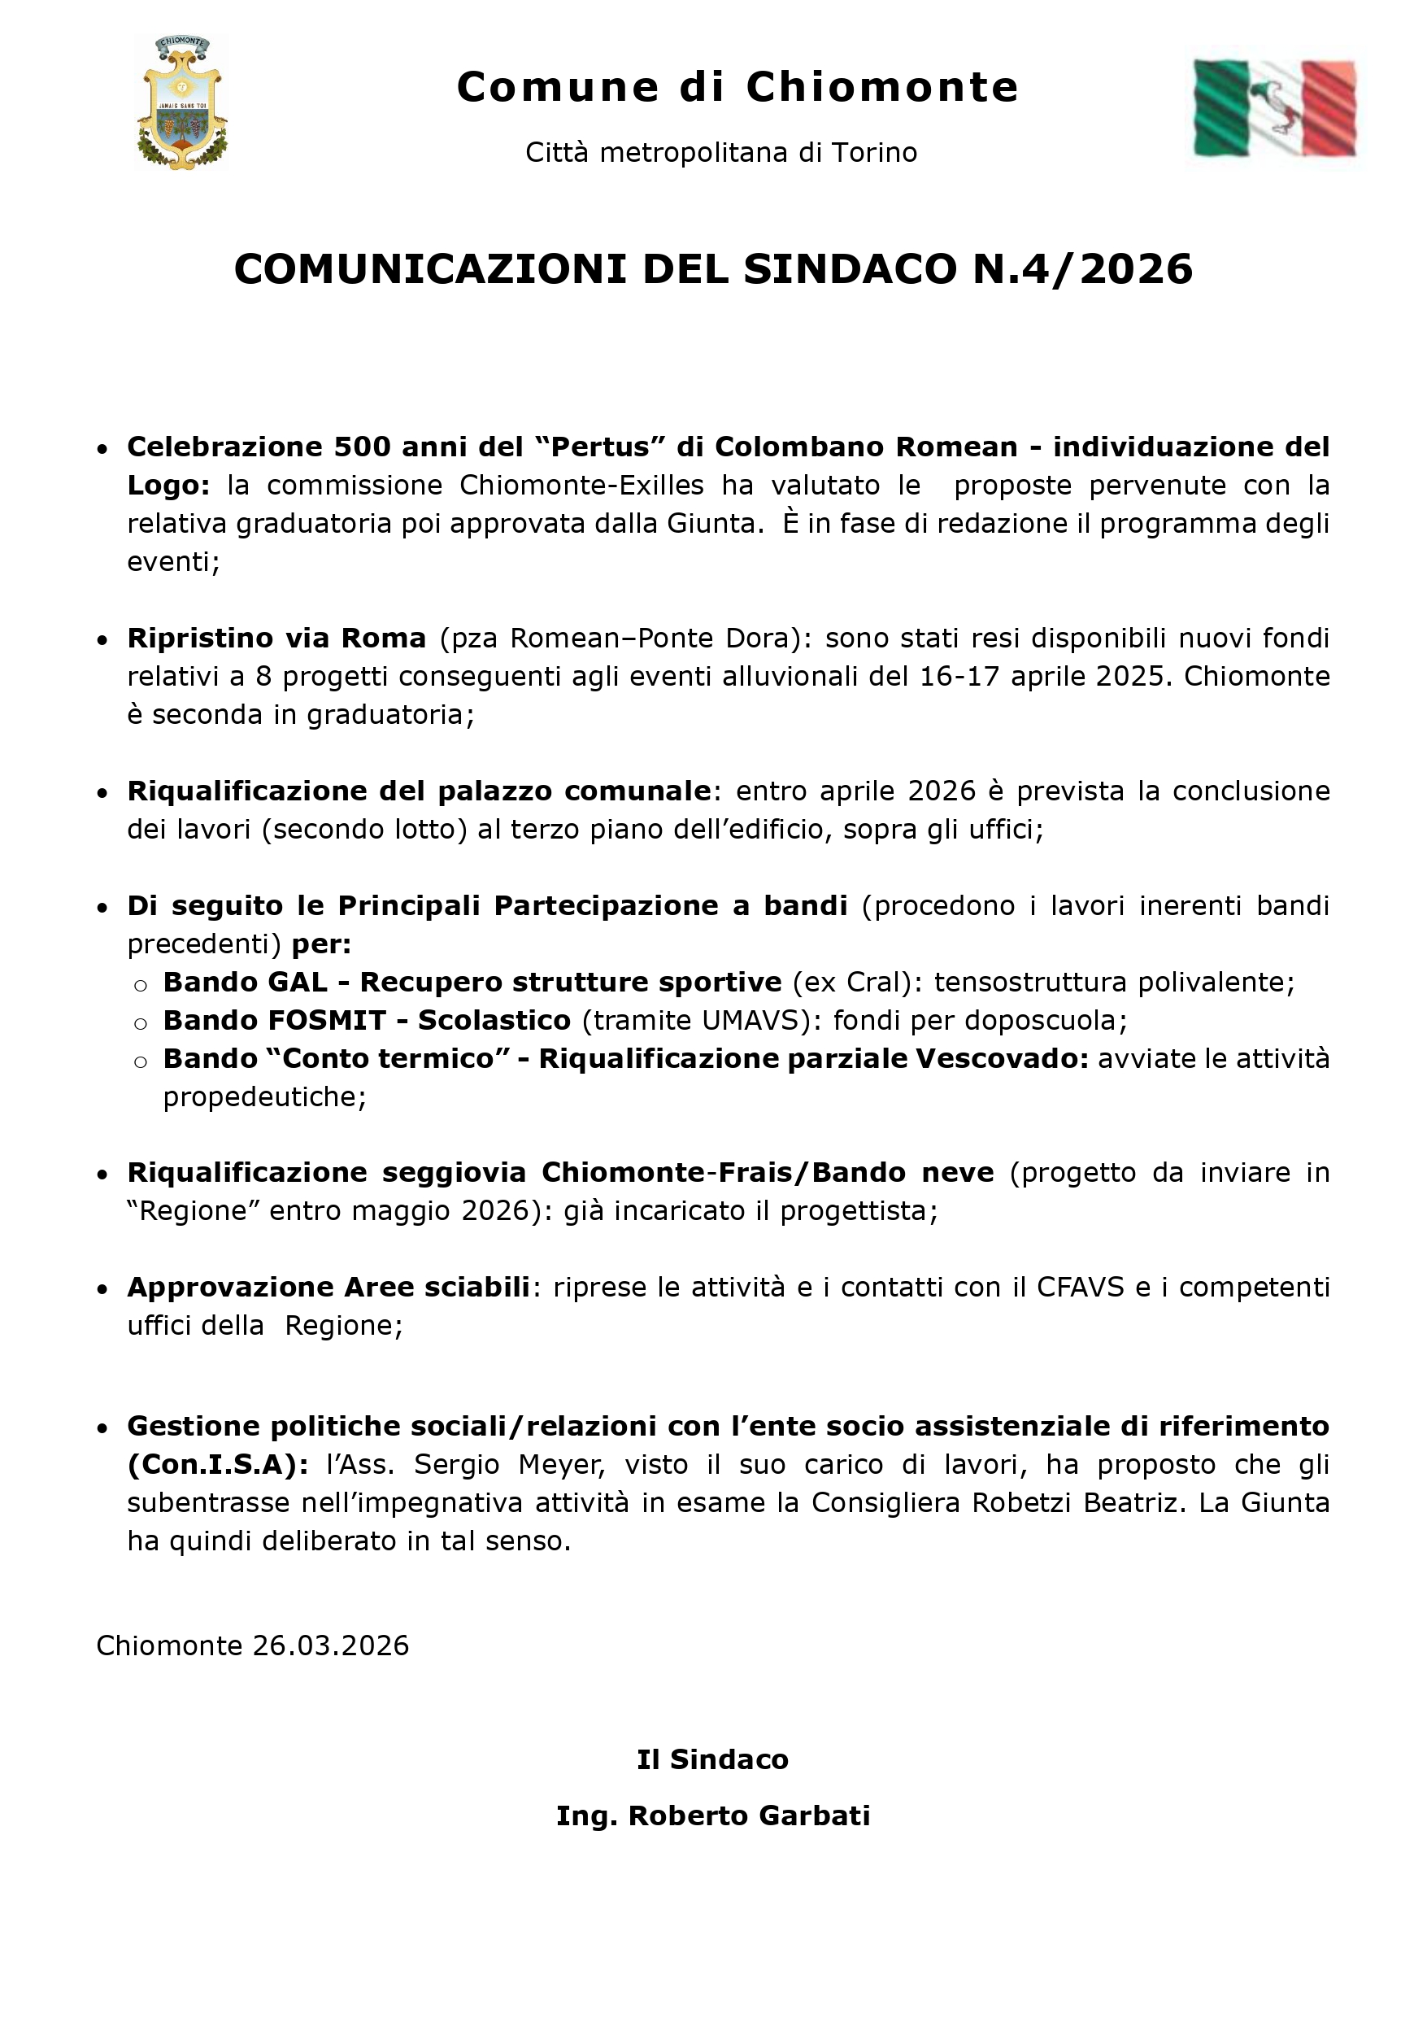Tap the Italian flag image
click(x=1274, y=108)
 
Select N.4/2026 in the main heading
click(x=1082, y=269)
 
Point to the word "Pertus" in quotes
click(x=595, y=447)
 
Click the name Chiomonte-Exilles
click(x=581, y=485)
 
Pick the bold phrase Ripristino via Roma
click(x=276, y=637)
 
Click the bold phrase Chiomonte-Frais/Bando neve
click(x=767, y=1172)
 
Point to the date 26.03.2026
click(x=330, y=1645)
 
